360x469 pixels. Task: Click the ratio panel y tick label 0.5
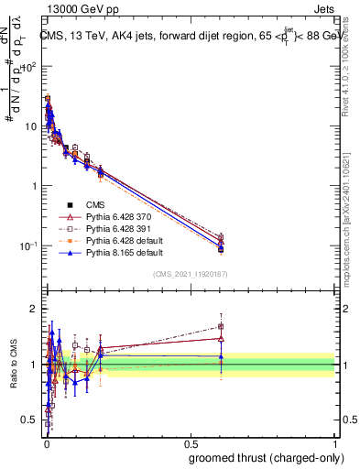(31, 420)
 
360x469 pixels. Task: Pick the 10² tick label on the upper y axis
(29, 67)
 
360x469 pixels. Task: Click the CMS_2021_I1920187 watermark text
(191, 274)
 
